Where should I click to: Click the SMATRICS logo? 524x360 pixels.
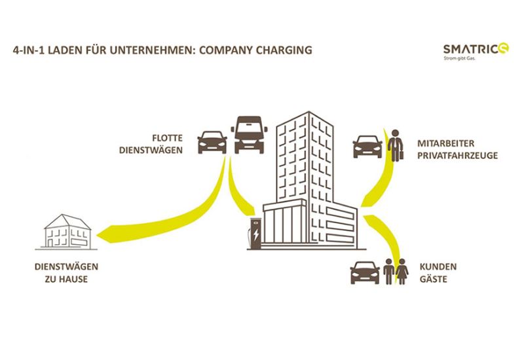tap(471, 48)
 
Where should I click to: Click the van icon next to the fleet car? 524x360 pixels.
tap(249, 134)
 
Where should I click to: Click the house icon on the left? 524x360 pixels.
tap(67, 231)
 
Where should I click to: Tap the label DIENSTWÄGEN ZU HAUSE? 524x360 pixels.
tap(62, 273)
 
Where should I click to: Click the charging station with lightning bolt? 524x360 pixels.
tap(254, 236)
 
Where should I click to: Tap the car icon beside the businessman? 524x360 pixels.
tap(367, 147)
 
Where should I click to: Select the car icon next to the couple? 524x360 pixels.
tap(365, 272)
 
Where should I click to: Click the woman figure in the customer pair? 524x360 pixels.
tap(402, 271)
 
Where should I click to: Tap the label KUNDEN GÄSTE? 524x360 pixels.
tap(440, 273)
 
